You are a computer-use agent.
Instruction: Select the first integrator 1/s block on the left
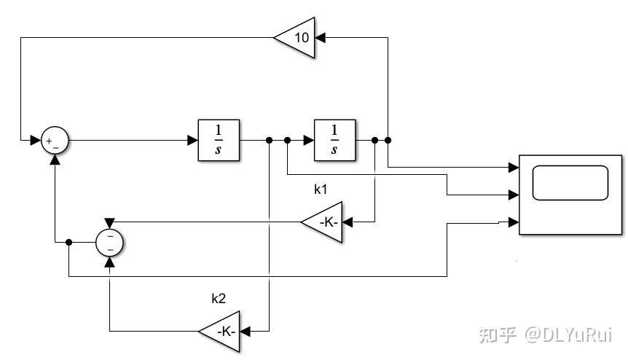[219, 140]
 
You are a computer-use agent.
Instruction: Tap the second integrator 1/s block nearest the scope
[334, 140]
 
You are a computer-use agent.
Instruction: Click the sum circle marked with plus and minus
[55, 140]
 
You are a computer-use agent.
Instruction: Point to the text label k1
[321, 189]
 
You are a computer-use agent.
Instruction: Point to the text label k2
[219, 299]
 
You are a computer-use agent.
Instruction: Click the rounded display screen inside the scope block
[570, 183]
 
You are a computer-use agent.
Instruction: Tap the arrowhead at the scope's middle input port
[514, 195]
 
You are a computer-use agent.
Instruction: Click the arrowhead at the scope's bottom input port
[514, 222]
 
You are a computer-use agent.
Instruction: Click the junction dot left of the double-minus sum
[68, 243]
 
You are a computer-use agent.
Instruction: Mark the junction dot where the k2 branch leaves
[270, 140]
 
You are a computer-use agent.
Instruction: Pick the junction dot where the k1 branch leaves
[374, 140]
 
